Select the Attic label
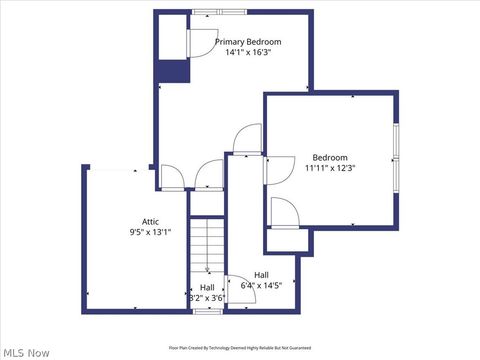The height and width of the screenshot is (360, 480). pos(150,221)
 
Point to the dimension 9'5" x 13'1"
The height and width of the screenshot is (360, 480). pos(150,232)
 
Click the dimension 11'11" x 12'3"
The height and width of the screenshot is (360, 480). pos(330,168)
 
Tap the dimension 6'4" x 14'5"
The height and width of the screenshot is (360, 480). pos(261,285)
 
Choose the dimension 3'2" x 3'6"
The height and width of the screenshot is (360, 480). pos(207,297)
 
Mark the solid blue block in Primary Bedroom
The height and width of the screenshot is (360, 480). pos(171,71)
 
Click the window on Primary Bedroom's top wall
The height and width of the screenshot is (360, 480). pos(207,12)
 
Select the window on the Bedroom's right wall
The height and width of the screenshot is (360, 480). pos(395,157)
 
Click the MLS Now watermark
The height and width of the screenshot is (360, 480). pos(26,352)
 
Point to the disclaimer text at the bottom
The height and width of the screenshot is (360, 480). pos(239,348)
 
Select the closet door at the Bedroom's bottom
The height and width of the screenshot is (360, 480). pos(284,213)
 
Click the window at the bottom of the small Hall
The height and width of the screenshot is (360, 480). pos(207,311)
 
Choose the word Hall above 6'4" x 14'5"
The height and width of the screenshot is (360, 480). pos(261,274)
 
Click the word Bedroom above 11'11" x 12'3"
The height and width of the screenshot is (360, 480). pos(330,157)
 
